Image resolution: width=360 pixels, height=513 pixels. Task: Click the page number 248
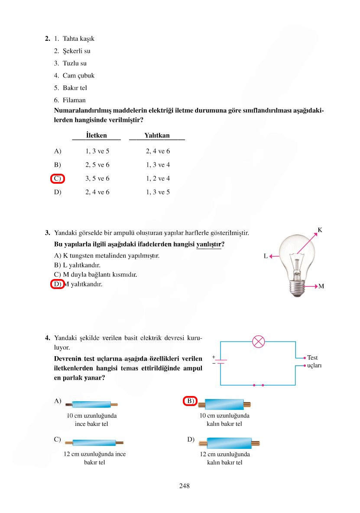184,486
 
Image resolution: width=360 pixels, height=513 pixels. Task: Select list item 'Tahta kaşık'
78,39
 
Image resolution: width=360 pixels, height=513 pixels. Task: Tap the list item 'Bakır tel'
75,88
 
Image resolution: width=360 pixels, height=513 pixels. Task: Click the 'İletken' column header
96,135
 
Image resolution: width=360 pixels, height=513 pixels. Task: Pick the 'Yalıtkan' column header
157,135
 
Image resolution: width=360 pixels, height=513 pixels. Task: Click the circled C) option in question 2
58,179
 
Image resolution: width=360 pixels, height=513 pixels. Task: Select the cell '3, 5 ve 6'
97,179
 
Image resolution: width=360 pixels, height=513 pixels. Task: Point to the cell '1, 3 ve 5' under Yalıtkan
158,192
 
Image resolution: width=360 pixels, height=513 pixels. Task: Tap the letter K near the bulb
320,230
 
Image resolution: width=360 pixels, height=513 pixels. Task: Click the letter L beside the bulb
266,256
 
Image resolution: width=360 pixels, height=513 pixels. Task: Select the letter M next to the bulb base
321,287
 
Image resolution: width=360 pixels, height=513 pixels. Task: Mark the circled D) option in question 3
58,285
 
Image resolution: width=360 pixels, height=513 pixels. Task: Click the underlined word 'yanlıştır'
208,245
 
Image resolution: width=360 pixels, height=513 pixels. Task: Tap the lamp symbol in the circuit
259,341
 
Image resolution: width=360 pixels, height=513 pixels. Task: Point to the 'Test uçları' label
312,361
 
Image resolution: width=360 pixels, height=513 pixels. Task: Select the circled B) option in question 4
190,401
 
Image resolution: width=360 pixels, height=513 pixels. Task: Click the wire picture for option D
229,443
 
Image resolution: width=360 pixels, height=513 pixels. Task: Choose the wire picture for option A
91,405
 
